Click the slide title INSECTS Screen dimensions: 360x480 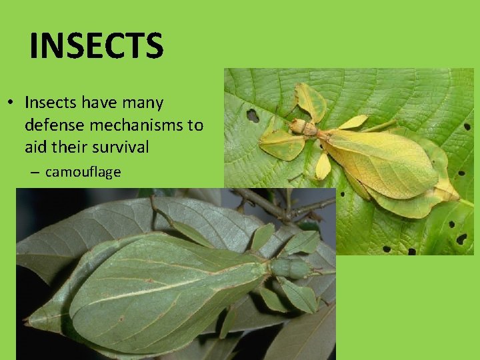pyautogui.click(x=96, y=46)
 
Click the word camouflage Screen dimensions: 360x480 pyautogui.click(x=83, y=172)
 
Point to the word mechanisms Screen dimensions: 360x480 pyautogui.click(x=130, y=125)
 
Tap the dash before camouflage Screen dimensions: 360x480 pyautogui.click(x=35, y=172)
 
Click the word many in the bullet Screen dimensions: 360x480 pyautogui.click(x=143, y=103)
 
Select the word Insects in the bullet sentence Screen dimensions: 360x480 pyautogui.click(x=51, y=103)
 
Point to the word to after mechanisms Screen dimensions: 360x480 pyautogui.click(x=193, y=125)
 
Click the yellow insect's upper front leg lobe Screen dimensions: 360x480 pyautogui.click(x=311, y=100)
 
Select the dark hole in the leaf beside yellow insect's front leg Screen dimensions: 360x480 pyautogui.click(x=253, y=115)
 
